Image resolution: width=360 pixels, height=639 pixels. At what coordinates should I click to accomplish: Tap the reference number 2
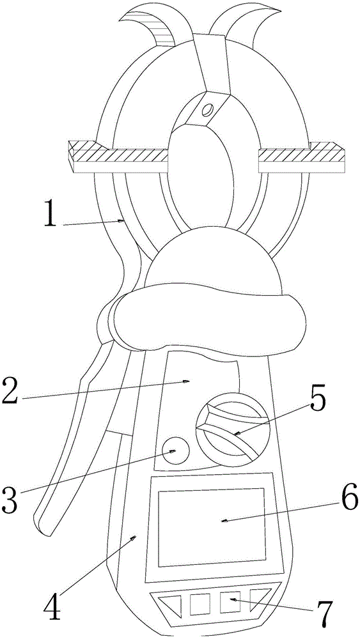[x=10, y=391]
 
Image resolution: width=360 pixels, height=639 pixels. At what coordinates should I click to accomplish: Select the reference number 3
[x=10, y=500]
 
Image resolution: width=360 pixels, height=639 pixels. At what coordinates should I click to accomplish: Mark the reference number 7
[x=325, y=613]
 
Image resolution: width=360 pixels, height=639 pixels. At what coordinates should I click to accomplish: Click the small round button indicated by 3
[x=176, y=450]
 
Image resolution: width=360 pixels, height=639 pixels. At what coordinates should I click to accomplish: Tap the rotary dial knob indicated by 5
[x=231, y=429]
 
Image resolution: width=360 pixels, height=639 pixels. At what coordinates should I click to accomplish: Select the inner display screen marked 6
[x=211, y=527]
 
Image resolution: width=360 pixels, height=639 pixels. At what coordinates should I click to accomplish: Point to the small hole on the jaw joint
[x=208, y=109]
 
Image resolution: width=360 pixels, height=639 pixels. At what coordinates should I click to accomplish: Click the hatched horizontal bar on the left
[x=118, y=157]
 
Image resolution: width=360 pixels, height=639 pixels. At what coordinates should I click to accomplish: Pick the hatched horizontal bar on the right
[x=302, y=157]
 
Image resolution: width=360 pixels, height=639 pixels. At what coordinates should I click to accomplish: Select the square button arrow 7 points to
[x=230, y=603]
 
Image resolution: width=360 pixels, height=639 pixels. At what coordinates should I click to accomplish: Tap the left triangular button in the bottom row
[x=171, y=604]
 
